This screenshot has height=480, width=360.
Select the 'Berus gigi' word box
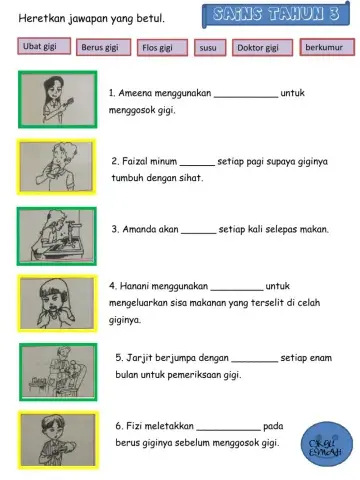click(102, 47)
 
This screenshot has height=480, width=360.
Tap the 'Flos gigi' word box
click(160, 47)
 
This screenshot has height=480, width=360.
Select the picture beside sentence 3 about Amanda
click(57, 237)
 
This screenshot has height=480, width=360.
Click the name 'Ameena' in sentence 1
click(139, 92)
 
